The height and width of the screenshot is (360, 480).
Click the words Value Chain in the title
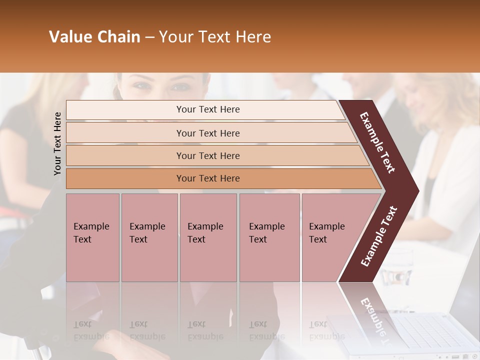94,37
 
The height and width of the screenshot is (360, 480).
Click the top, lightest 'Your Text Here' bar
207,109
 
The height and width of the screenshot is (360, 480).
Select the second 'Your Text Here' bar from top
207,133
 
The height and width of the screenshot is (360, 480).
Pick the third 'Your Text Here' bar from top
207,155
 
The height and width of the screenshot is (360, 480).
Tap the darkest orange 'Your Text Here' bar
207,178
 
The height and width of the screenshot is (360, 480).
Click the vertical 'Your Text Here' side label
57,143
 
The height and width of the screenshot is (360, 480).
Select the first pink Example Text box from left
92,237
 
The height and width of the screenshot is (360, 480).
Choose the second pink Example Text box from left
149,237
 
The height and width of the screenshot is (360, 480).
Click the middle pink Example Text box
208,237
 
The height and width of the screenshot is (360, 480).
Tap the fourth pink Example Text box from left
269,237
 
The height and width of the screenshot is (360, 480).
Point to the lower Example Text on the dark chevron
379,236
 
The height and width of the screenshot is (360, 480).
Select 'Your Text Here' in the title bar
215,37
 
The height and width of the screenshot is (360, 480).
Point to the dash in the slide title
149,37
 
